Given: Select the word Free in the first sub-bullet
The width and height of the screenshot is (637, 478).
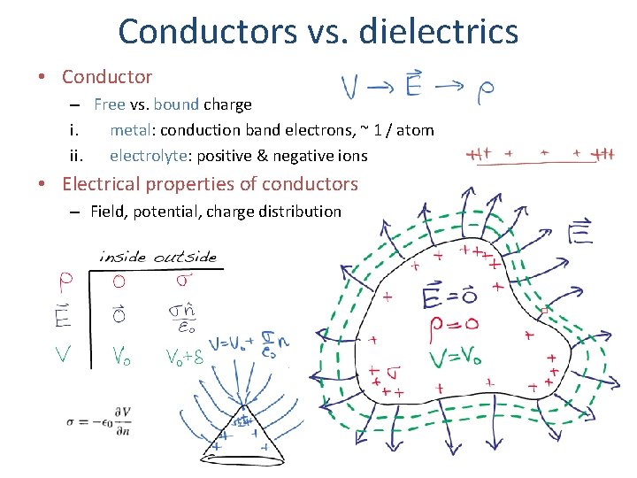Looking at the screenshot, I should pyautogui.click(x=110, y=104).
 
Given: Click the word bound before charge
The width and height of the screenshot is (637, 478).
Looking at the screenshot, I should pyautogui.click(x=176, y=104).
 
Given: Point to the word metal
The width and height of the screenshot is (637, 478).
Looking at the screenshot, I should pyautogui.click(x=130, y=130).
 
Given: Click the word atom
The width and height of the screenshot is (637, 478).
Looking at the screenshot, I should pyautogui.click(x=414, y=130).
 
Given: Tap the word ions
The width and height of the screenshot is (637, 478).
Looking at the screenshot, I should pyautogui.click(x=350, y=156).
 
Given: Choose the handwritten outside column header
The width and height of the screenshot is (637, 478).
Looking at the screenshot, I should pyautogui.click(x=185, y=257).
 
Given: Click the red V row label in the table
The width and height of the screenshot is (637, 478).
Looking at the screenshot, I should pyautogui.click(x=65, y=355).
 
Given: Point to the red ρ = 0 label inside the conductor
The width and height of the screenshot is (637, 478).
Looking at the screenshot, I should pyautogui.click(x=455, y=326).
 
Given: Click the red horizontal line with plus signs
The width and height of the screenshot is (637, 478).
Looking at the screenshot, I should pyautogui.click(x=541, y=156).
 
